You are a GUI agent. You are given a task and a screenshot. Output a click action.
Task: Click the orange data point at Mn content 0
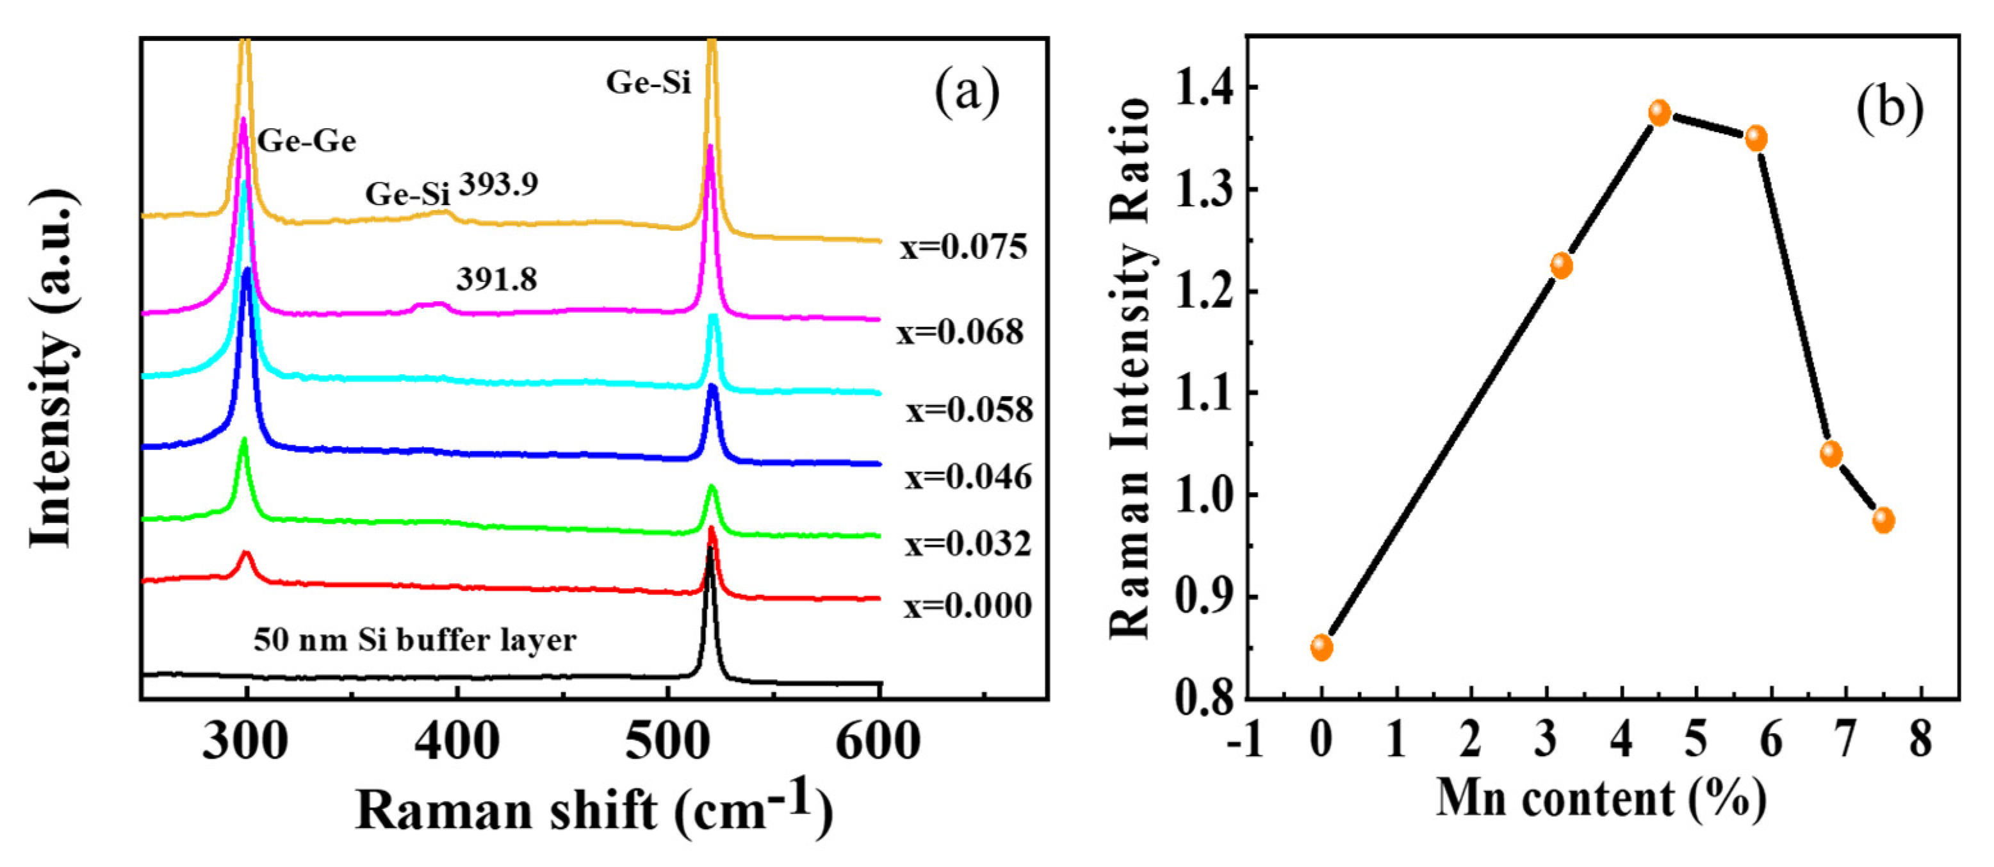coord(1322,647)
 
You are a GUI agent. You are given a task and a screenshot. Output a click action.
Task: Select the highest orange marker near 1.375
coord(1659,113)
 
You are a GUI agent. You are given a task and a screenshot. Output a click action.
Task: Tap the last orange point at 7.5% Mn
coord(1883,520)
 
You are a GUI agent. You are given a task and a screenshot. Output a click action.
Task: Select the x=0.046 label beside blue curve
coord(968,477)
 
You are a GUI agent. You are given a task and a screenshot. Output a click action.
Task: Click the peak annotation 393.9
coord(498,185)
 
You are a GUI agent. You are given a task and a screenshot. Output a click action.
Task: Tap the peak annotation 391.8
coord(496,279)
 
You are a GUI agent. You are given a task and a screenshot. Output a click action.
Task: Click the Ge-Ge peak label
coord(307,142)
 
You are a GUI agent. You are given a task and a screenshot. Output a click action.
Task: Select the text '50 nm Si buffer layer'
coord(415,641)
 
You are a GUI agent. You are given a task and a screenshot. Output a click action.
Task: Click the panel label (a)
coord(967,93)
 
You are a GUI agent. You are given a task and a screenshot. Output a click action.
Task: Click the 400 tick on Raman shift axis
coord(457,741)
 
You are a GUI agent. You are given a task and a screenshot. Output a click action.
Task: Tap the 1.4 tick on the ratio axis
coord(1203,88)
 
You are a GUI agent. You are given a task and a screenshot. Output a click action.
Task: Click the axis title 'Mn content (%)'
coord(1601,800)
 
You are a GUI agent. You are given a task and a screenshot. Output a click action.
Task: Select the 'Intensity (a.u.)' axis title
coord(53,368)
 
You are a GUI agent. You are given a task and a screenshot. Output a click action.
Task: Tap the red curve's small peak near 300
coord(246,554)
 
